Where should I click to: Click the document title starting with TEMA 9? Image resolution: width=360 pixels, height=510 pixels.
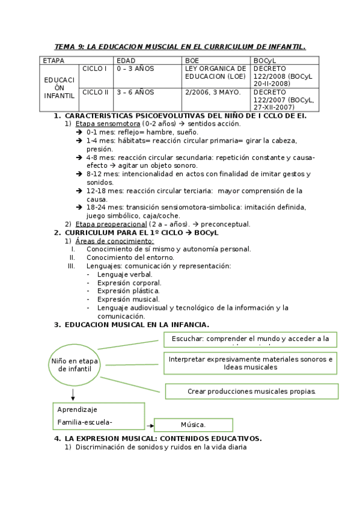pyautogui.click(x=180, y=46)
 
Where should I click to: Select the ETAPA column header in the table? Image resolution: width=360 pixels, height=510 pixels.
pyautogui.click(x=60, y=61)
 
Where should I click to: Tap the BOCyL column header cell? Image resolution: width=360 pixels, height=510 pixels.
pyautogui.click(x=284, y=61)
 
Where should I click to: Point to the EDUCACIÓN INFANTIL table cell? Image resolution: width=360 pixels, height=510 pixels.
pyautogui.click(x=59, y=88)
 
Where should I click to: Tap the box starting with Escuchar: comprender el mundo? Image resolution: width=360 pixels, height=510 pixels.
pyautogui.click(x=250, y=340)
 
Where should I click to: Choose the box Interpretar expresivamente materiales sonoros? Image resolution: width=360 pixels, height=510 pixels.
pyautogui.click(x=250, y=363)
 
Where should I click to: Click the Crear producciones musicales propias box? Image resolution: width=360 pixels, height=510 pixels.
pyautogui.click(x=251, y=391)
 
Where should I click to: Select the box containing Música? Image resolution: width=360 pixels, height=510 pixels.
pyautogui.click(x=194, y=425)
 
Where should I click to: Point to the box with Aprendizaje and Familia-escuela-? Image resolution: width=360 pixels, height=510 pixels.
pyautogui.click(x=99, y=416)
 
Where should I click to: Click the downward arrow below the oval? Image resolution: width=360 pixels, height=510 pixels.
pyautogui.click(x=73, y=395)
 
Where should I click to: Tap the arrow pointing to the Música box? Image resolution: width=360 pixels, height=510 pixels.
pyautogui.click(x=150, y=425)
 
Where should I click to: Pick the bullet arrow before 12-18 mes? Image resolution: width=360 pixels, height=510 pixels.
pyautogui.click(x=79, y=191)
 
